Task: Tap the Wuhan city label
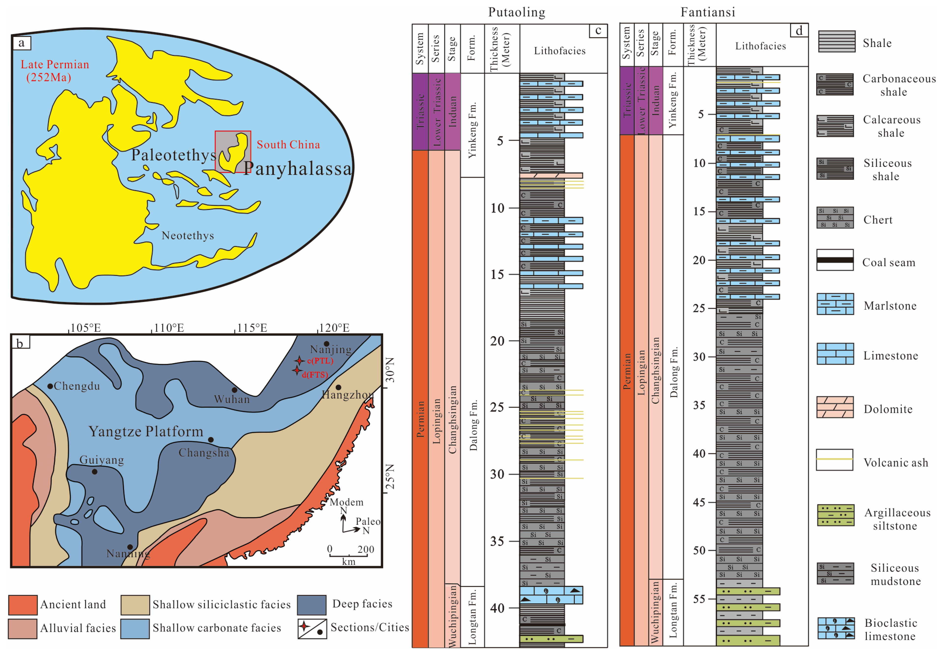click(x=232, y=399)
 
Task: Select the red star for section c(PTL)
click(x=299, y=361)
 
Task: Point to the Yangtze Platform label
click(x=146, y=431)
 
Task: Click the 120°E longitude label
click(x=334, y=328)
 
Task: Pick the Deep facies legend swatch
click(x=311, y=605)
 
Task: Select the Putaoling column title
click(x=517, y=12)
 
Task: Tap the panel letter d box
click(x=799, y=31)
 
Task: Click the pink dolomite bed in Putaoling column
click(x=551, y=176)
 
